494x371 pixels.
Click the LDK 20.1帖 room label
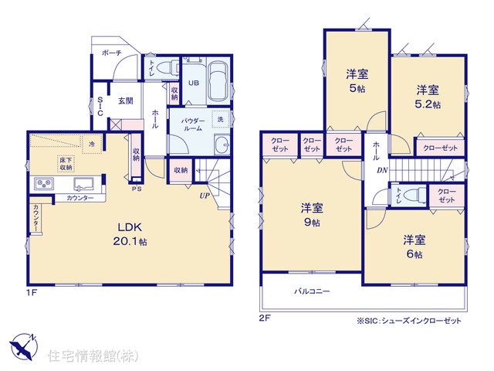(x=130, y=234)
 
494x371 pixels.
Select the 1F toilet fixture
(x=167, y=67)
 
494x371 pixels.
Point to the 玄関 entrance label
(x=125, y=101)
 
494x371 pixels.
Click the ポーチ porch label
(x=111, y=53)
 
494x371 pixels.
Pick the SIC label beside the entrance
(x=100, y=107)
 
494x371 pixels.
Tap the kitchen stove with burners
(x=44, y=183)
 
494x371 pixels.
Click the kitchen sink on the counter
(x=83, y=184)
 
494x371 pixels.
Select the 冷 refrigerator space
(x=92, y=145)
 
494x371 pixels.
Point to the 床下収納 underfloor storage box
(x=66, y=164)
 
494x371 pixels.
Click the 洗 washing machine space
(x=221, y=119)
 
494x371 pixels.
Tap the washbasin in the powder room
(x=222, y=145)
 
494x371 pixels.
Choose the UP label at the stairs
(x=205, y=196)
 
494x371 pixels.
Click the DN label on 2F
(x=382, y=170)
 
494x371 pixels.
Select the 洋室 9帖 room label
(x=312, y=215)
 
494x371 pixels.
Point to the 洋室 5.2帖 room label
(x=428, y=97)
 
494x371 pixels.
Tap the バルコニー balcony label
(x=312, y=291)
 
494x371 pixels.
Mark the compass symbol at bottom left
(x=23, y=346)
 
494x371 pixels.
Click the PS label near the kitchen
(x=137, y=189)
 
